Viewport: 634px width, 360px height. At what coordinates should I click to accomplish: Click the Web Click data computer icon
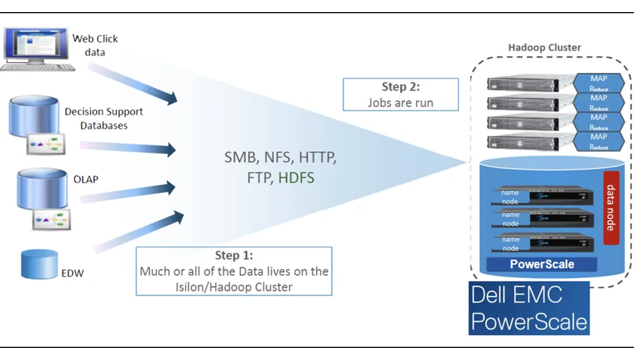point(37,48)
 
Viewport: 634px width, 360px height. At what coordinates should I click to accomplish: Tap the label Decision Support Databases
point(104,119)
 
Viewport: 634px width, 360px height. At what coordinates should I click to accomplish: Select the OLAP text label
point(86,179)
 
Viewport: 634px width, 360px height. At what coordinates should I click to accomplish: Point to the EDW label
point(73,274)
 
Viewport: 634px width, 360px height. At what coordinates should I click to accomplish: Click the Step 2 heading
point(400,87)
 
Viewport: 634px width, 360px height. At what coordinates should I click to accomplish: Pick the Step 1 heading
point(234,255)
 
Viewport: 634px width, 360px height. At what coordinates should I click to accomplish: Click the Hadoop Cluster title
point(545,48)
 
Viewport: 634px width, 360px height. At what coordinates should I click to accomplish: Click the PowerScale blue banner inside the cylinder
point(542,264)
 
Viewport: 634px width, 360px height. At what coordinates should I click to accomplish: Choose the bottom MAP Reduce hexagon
point(598,141)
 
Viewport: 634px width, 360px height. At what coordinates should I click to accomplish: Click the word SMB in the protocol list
point(240,157)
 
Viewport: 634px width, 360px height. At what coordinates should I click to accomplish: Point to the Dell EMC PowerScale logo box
point(529,308)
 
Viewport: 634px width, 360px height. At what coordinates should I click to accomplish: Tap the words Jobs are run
point(400,102)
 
